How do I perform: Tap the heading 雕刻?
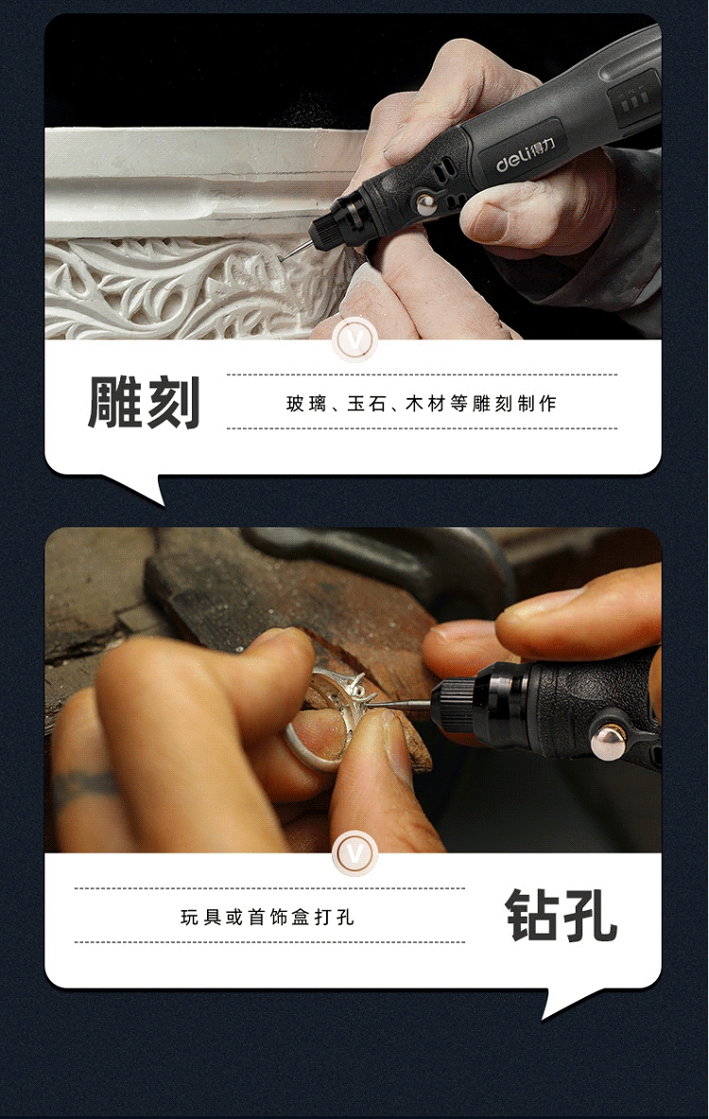click(144, 404)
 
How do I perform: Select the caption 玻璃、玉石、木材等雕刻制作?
click(422, 404)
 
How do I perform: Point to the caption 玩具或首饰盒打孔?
click(268, 917)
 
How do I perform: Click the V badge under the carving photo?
click(354, 339)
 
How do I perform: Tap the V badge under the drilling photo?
click(354, 853)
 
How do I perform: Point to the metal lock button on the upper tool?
click(426, 205)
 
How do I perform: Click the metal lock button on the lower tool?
click(609, 743)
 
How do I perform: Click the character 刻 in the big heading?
click(172, 404)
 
